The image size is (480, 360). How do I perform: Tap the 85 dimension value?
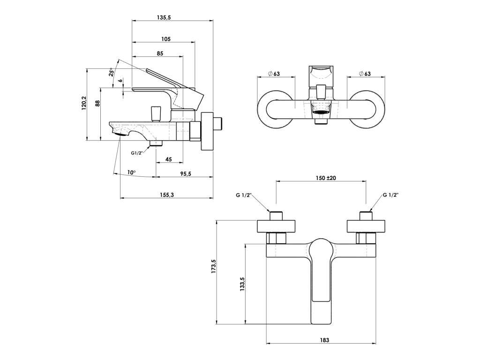point(160,53)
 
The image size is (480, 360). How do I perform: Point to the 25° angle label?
point(111,72)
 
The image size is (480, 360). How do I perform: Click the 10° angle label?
point(132,172)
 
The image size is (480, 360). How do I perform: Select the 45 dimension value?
point(168,159)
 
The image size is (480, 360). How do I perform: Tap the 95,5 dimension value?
point(185,173)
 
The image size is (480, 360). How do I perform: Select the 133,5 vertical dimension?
point(242,284)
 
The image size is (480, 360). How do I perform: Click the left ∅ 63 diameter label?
point(274,74)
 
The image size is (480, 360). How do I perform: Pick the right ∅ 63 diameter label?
point(365,74)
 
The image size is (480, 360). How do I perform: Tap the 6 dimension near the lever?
point(120,81)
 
